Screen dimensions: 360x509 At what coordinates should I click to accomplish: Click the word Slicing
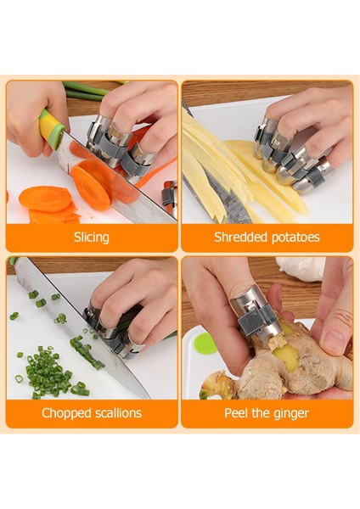(x=92, y=238)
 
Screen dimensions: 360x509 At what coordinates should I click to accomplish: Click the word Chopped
(x=66, y=413)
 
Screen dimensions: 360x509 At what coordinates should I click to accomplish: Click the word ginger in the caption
(x=289, y=414)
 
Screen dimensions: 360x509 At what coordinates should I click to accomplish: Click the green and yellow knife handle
(x=51, y=127)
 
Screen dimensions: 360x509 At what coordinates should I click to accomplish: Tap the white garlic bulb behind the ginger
(x=301, y=268)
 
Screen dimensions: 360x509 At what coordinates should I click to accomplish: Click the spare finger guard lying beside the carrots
(x=170, y=198)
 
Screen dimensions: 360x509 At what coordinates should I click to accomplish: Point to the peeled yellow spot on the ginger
(x=288, y=356)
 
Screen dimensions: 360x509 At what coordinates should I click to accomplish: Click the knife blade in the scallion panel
(x=82, y=327)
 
